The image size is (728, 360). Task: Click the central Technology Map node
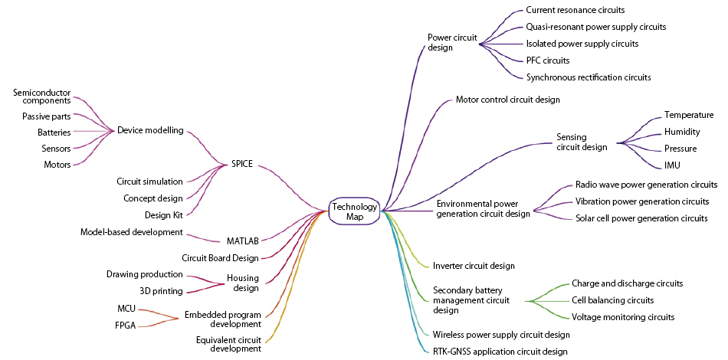click(355, 211)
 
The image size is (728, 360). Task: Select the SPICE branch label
click(242, 163)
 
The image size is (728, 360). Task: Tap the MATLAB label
click(243, 241)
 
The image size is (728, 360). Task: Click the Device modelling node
click(150, 130)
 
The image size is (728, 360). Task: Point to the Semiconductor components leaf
click(42, 97)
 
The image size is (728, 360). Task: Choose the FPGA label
click(126, 325)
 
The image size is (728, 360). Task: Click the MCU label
click(126, 308)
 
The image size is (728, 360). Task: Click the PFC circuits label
click(547, 61)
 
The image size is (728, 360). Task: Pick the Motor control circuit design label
click(507, 100)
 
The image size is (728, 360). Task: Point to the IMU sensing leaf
click(672, 165)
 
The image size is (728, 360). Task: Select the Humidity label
click(682, 132)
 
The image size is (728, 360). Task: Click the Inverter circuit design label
click(474, 266)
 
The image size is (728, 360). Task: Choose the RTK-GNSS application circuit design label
click(500, 352)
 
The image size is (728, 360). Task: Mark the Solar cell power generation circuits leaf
click(641, 218)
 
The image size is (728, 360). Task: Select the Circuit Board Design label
click(220, 258)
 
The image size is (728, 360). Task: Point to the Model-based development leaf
click(131, 231)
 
